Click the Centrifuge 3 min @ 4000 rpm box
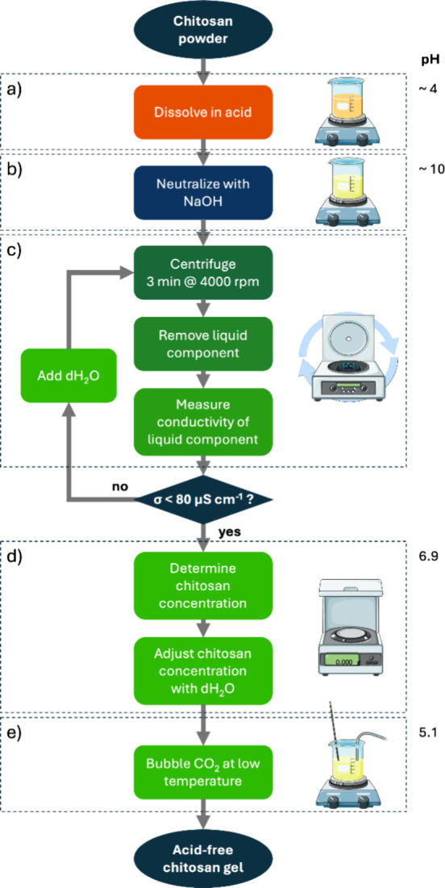pos(203,275)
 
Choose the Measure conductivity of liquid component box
pos(203,421)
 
